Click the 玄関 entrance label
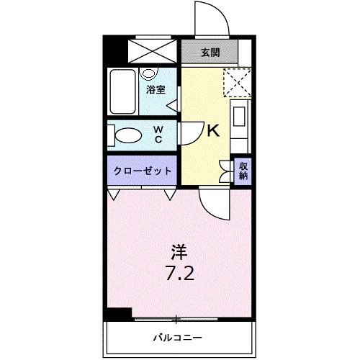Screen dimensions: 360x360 pos(210,52)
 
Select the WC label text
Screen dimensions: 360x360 pos(158,135)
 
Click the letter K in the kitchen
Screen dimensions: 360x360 pos(213,132)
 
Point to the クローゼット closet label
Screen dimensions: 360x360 pos(143,171)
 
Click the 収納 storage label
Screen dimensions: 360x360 pos(244,171)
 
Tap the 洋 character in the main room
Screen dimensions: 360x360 pos(179,253)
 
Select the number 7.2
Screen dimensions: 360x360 pos(179,274)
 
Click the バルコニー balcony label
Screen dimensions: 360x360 pos(178,337)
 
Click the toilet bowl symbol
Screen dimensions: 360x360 pos(128,135)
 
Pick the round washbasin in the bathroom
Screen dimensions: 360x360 pos(149,73)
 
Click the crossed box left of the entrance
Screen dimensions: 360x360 pos(153,50)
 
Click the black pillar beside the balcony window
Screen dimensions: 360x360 pos(118,314)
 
